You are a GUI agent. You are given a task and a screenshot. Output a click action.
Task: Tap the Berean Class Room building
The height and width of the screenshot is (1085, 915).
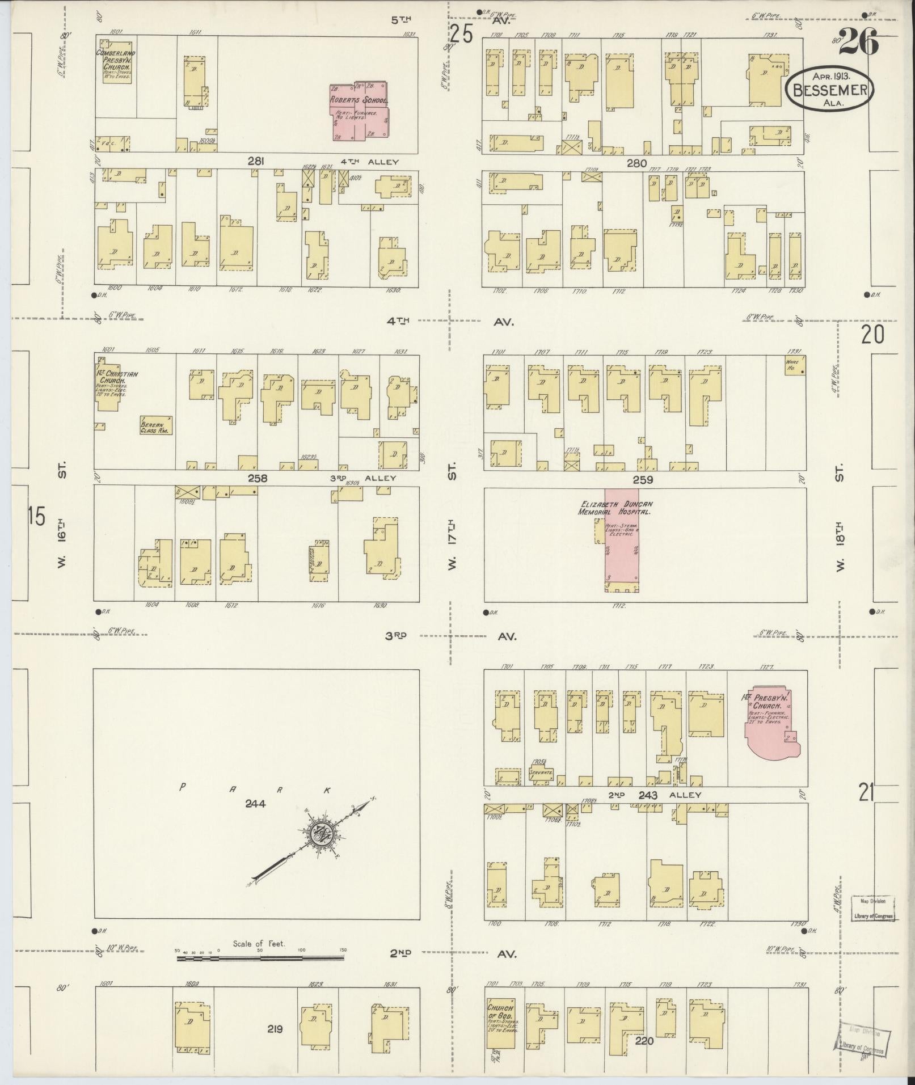156,426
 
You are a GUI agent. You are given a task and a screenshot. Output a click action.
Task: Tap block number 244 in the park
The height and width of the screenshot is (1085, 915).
255,803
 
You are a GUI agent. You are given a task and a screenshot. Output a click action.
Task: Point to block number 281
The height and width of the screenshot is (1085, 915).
256,162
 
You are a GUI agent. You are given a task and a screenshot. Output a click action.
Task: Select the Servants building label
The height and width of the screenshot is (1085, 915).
540,772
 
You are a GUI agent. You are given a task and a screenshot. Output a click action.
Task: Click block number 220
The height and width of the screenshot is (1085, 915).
645,1041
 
